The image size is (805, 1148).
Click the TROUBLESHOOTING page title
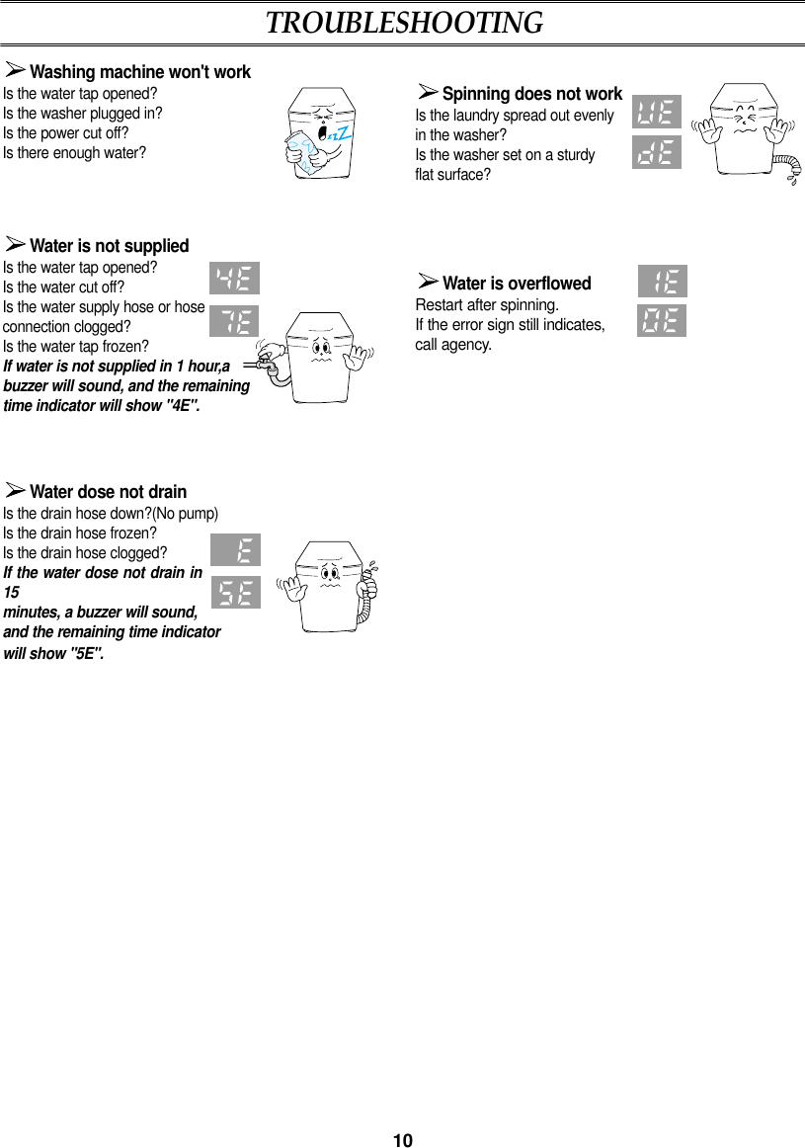point(403,23)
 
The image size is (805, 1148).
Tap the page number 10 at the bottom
point(402,1141)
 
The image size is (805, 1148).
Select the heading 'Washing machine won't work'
point(139,72)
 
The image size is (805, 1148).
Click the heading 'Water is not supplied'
point(109,245)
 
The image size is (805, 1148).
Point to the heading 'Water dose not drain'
point(108,491)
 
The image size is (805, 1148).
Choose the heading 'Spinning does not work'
point(531,94)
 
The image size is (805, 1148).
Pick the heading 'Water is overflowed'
point(516,284)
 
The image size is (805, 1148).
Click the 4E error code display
point(236,279)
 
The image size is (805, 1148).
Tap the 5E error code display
point(236,593)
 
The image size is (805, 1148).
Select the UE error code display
point(657,113)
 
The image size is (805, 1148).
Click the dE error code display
point(657,152)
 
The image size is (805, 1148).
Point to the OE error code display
point(662,321)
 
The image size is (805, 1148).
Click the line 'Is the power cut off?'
point(66,133)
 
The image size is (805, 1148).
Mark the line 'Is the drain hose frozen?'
point(79,533)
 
